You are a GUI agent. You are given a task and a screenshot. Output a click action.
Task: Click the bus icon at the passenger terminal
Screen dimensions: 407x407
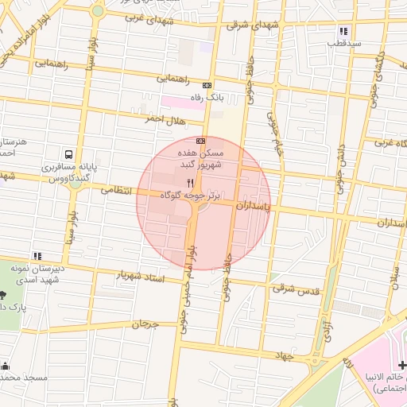coord(70,153)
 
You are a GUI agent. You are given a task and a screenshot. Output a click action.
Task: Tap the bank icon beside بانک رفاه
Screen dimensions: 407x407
coord(207,85)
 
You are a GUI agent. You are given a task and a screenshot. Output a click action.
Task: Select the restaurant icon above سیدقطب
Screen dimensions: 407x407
coord(343,30)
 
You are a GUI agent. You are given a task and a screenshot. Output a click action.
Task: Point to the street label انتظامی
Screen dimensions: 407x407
coord(119,189)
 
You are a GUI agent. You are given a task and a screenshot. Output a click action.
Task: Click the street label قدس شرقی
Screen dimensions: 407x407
coord(295,290)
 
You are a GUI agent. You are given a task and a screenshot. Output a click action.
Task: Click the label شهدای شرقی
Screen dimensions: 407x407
coord(254,25)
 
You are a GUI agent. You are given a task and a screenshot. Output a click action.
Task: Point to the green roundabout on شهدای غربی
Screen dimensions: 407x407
coord(98,11)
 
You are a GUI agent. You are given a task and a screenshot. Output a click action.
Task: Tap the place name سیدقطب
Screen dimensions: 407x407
coord(344,43)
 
